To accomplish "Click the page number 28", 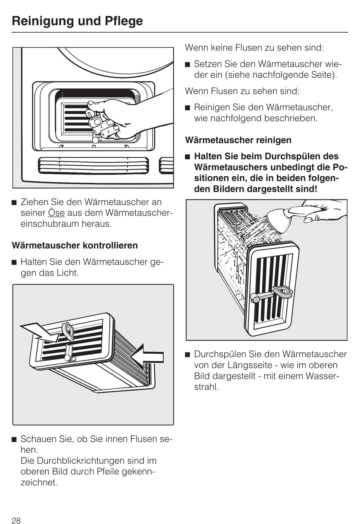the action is coord(16,520).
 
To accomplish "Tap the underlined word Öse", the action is coord(56,213).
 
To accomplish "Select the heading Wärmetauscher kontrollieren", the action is coord(75,245).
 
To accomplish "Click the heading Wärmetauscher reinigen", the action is coord(238,140).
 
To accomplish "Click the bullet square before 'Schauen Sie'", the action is coord(15,439).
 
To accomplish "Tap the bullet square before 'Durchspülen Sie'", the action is coord(188,355).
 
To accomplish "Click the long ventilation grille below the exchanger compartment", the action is coord(93,166).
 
